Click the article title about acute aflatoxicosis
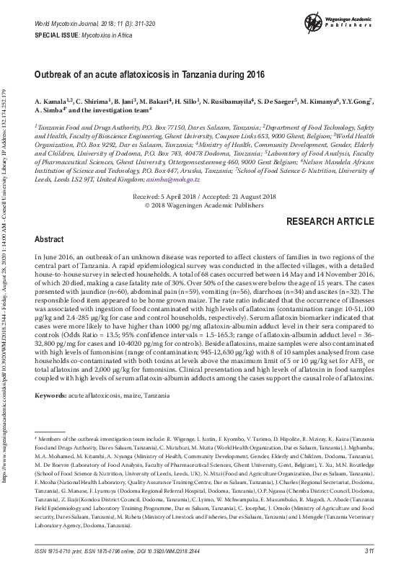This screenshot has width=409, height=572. (x=149, y=74)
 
